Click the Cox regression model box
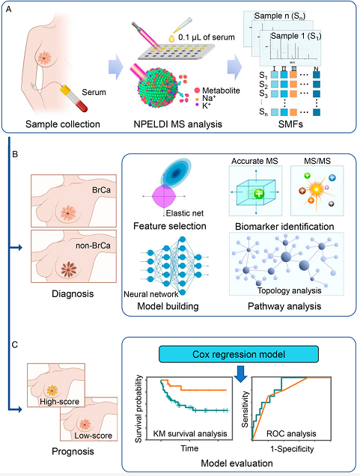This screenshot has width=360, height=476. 239,354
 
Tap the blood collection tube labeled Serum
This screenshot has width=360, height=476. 74,98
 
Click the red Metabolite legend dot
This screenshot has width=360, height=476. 198,90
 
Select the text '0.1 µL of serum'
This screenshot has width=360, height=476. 207,37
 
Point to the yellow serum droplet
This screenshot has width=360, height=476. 171,39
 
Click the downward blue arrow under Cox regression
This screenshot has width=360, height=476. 241,374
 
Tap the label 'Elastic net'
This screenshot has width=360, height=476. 185,213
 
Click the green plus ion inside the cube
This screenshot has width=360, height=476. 259,193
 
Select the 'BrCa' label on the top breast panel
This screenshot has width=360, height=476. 101,190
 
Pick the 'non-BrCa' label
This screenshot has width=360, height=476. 93,245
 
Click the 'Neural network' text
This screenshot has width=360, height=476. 151,294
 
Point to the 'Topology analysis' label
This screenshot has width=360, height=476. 290,290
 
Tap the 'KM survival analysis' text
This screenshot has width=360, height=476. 190,433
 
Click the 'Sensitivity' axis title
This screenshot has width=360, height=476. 245,409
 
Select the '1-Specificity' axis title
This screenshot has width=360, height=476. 292,448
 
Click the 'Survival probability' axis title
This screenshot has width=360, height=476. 138,409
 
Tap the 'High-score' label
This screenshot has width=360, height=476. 59,402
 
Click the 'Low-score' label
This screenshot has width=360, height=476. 94,436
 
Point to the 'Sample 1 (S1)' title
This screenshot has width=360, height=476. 296,36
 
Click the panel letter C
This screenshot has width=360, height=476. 14,345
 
